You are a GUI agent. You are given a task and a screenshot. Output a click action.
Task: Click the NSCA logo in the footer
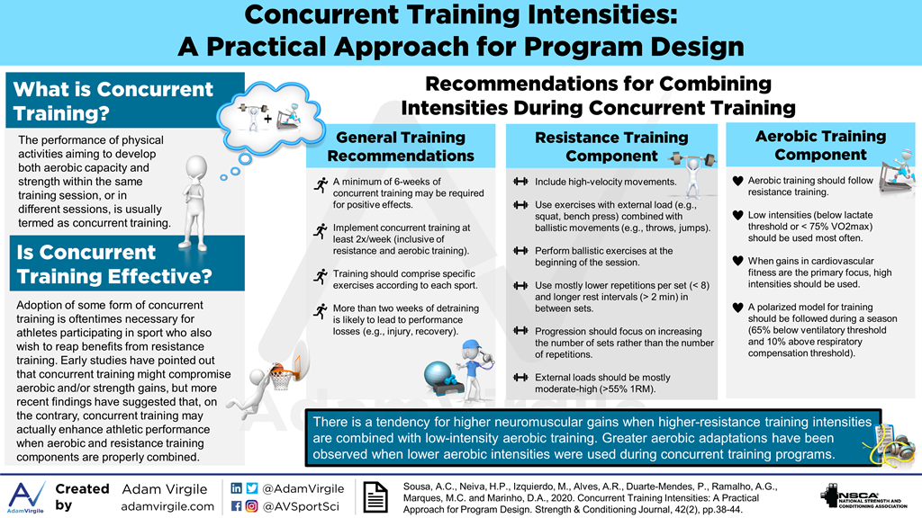[x=863, y=496]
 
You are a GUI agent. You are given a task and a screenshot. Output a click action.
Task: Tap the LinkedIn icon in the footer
[x=237, y=488]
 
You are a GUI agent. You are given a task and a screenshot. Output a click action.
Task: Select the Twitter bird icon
[x=252, y=488]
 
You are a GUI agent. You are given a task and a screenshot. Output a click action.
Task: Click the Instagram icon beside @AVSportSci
[x=252, y=506]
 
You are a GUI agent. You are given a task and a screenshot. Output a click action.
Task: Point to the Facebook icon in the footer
[x=237, y=506]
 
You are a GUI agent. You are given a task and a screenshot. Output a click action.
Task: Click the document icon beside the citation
[x=375, y=496]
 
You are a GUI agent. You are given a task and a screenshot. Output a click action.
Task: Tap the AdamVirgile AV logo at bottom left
[x=26, y=496]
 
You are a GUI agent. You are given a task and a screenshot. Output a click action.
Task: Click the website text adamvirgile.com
[x=167, y=506]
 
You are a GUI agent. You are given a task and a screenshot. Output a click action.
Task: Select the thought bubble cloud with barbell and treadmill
[x=270, y=118]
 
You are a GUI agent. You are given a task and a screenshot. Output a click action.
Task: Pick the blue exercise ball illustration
[x=438, y=374]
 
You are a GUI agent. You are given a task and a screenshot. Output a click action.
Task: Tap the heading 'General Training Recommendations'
[x=401, y=147]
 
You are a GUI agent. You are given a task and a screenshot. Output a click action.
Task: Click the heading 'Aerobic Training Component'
[x=820, y=145]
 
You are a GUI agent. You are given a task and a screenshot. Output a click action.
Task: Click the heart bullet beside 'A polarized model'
[x=738, y=308]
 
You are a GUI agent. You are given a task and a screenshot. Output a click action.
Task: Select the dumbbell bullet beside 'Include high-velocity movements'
[x=520, y=182]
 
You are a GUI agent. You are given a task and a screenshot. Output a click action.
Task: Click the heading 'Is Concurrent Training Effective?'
[x=114, y=264]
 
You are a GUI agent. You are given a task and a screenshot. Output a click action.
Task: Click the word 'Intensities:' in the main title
[x=601, y=15]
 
